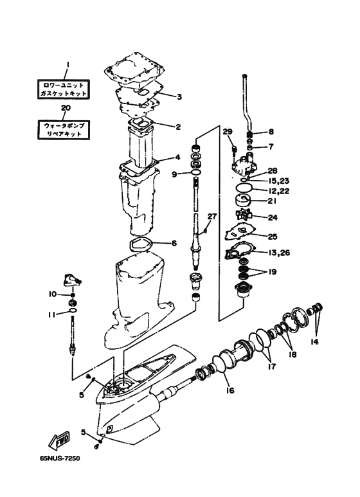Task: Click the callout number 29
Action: point(228,132)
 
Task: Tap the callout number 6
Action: point(174,244)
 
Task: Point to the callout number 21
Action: point(273,201)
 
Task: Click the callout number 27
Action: point(212,217)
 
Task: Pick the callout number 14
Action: point(315,341)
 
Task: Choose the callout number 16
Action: point(230,390)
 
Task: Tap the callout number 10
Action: point(53,294)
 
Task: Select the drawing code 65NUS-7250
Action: point(60,458)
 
